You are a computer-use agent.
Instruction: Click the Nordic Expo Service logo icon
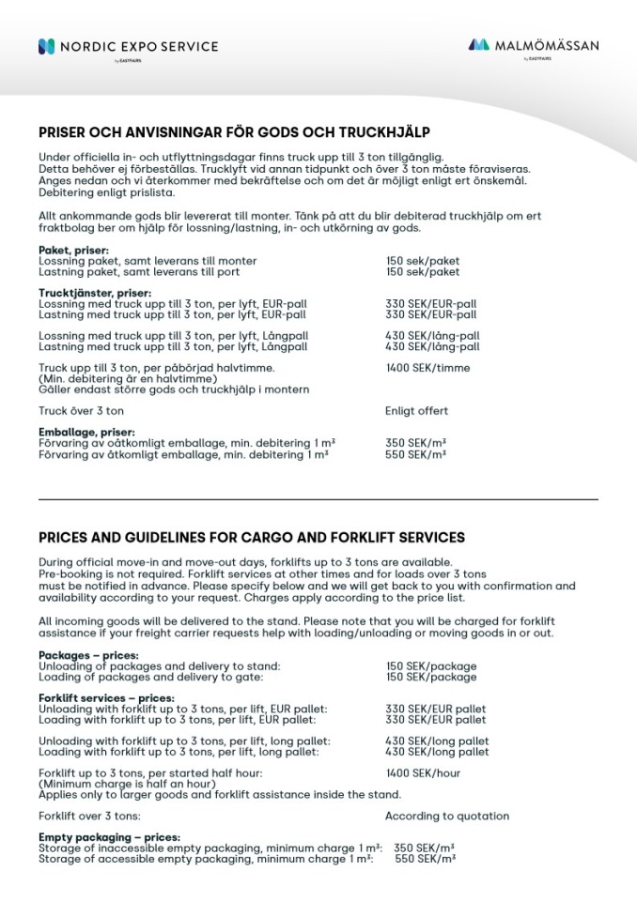(46, 46)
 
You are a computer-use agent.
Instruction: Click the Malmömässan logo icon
(478, 44)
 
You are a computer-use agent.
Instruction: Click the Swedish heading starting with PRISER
(234, 132)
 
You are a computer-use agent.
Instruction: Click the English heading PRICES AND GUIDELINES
(252, 538)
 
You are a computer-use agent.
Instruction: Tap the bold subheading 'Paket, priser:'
(73, 251)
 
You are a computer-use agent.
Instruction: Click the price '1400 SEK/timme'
(427, 368)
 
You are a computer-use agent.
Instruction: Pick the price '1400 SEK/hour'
(423, 773)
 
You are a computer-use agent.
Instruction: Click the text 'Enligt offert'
(416, 411)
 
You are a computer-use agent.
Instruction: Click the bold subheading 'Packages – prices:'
(88, 655)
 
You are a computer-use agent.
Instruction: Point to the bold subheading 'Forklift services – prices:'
(106, 698)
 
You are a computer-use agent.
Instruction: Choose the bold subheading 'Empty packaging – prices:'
(109, 837)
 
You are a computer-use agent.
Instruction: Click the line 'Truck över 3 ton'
(81, 411)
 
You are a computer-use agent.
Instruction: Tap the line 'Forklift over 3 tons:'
(89, 817)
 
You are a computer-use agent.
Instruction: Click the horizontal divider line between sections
(318, 499)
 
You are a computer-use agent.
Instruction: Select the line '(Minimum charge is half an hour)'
(120, 784)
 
